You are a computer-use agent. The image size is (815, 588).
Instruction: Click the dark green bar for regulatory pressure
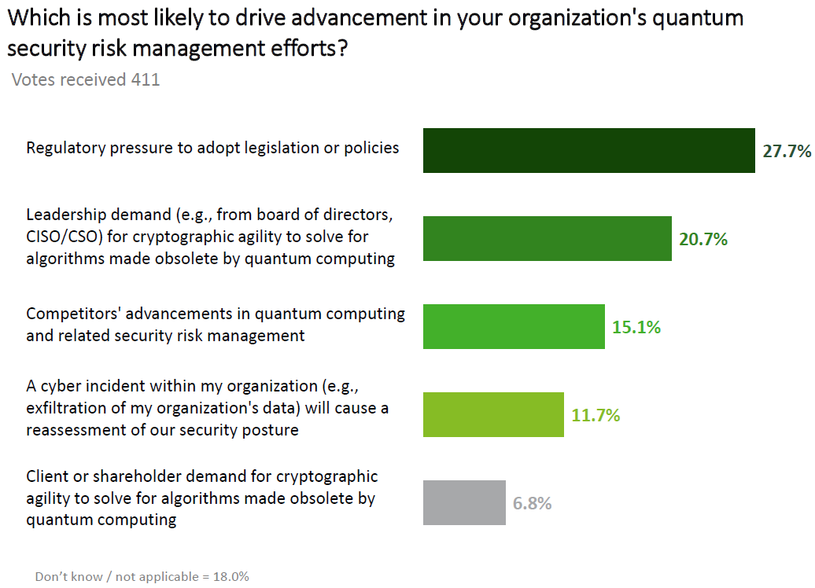coord(588,150)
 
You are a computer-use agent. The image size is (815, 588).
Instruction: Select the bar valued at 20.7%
coord(547,238)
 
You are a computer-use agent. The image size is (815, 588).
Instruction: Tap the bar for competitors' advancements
coord(514,326)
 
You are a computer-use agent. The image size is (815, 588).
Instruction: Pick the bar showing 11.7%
coord(493,414)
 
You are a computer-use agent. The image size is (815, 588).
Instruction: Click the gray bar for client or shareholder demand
coord(464,502)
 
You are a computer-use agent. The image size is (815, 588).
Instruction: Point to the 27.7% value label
coord(787,151)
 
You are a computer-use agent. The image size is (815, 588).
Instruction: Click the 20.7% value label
coord(703,239)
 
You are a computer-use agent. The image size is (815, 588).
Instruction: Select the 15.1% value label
coord(636,327)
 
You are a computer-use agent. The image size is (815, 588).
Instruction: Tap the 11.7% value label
coord(596,415)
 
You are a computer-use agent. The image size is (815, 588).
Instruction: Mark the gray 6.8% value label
coord(533,503)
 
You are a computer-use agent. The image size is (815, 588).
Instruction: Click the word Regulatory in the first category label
coord(62,147)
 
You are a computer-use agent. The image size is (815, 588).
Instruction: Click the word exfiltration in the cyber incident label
coord(65,408)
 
